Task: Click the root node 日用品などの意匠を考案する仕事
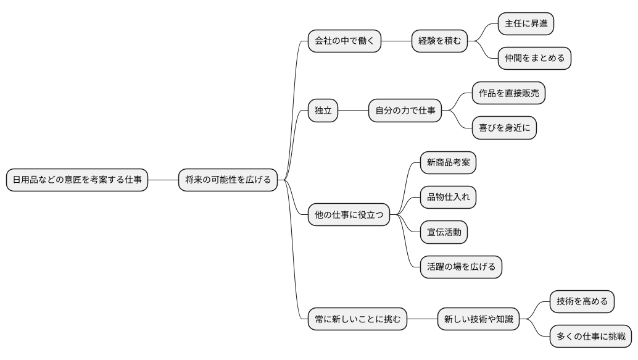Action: (77, 180)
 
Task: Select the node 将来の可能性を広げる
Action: (228, 180)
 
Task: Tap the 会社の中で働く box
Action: (344, 41)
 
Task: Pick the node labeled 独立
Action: (323, 111)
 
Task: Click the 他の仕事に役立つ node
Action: (349, 215)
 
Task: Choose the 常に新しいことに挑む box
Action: (357, 319)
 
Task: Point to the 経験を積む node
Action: (439, 41)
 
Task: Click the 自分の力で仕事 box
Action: (405, 111)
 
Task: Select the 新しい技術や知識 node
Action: (478, 319)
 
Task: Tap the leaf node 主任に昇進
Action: (526, 24)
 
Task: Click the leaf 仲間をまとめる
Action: (534, 59)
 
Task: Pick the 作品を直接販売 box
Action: (509, 93)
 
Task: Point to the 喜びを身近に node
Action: (504, 128)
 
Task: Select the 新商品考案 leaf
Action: (448, 163)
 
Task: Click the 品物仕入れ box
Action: (448, 198)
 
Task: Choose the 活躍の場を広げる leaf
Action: (461, 267)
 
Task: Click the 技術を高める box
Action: (582, 302)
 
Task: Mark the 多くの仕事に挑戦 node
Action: (590, 337)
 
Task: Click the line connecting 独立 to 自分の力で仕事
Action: (353, 111)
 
